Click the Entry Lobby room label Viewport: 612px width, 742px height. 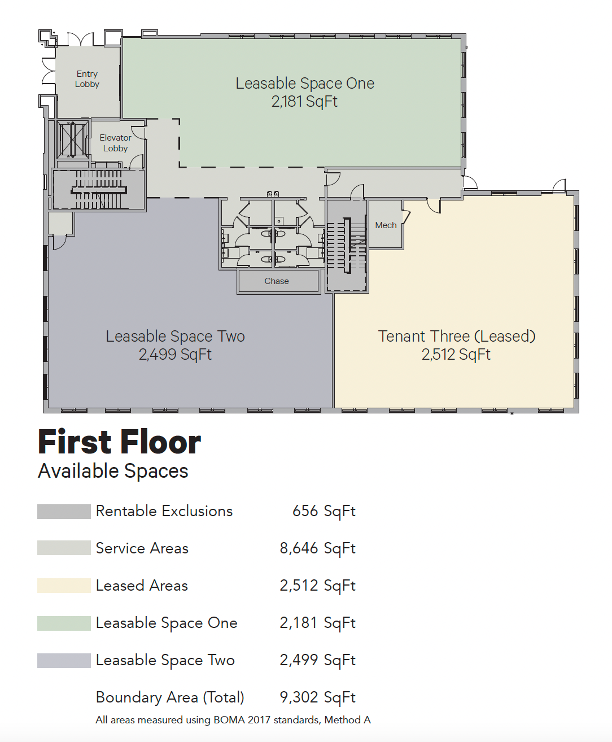click(x=87, y=79)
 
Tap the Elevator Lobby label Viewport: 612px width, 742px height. click(x=116, y=143)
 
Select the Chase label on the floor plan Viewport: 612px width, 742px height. click(x=277, y=281)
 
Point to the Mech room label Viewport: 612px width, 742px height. click(x=386, y=225)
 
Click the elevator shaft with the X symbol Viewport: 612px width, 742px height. click(x=73, y=139)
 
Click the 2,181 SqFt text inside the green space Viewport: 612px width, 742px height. click(x=304, y=102)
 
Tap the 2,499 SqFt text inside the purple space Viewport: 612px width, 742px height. click(x=175, y=354)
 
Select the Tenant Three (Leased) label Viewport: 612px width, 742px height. click(x=457, y=336)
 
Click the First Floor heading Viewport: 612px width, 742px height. click(x=120, y=442)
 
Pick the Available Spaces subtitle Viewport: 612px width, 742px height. click(x=113, y=471)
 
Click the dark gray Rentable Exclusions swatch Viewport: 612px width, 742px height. click(x=64, y=512)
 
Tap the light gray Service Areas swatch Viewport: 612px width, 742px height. click(x=64, y=548)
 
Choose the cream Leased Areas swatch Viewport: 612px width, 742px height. click(x=64, y=586)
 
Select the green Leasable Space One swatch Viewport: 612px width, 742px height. click(x=64, y=623)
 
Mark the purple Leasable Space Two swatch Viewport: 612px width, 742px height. click(x=64, y=661)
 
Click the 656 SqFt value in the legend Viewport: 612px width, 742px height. click(x=324, y=512)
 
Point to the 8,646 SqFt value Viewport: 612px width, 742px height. click(x=317, y=548)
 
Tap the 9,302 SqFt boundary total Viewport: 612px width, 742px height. click(x=317, y=697)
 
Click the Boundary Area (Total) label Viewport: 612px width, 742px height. click(x=170, y=697)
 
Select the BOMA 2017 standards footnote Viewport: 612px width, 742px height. click(x=233, y=720)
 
